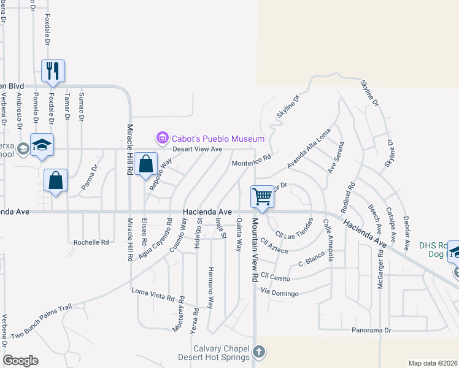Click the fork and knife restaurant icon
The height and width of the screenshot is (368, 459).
(x=52, y=71)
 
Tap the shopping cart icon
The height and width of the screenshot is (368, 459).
(x=262, y=197)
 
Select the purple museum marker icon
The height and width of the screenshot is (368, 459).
(x=163, y=139)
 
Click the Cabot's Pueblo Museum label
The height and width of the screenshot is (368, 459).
(x=217, y=139)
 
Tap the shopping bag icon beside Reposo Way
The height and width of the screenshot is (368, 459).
(x=146, y=164)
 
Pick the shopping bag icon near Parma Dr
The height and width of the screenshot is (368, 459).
(x=55, y=180)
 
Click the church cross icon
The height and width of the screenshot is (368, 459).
(x=260, y=352)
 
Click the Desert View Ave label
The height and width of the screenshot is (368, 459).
(x=197, y=149)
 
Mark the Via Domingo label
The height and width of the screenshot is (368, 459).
(x=279, y=293)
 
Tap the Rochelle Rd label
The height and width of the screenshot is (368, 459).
(x=91, y=242)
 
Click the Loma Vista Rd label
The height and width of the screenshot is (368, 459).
(x=153, y=295)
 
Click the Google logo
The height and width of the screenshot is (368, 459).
(x=20, y=361)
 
